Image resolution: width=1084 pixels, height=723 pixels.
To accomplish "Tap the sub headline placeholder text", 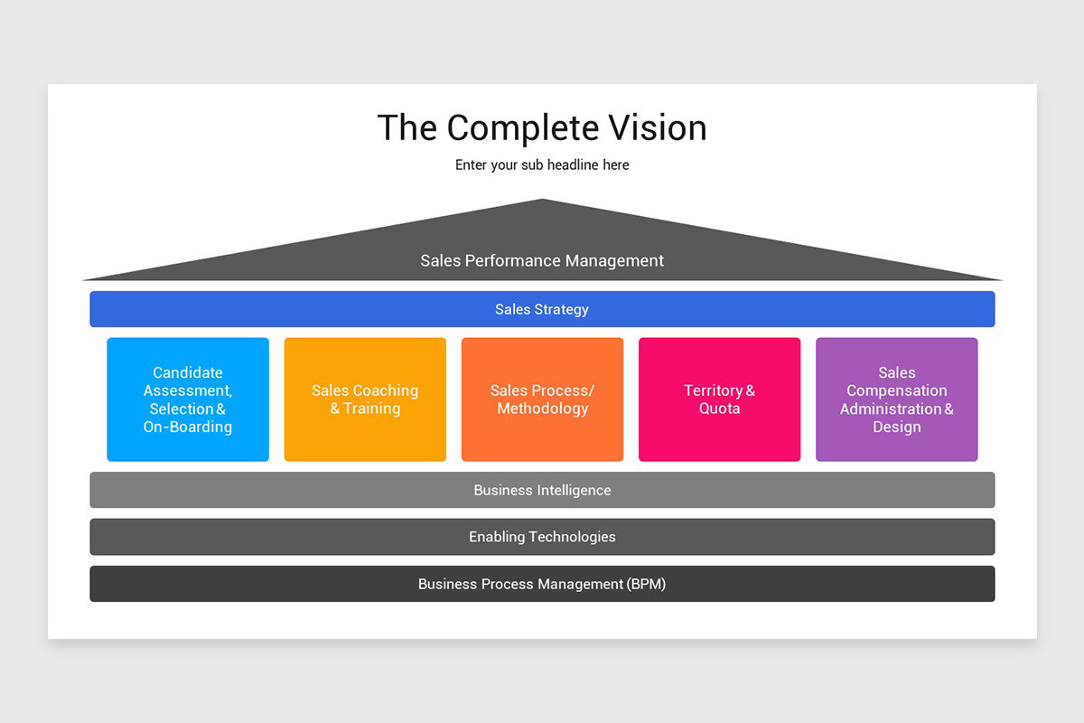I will [x=542, y=165].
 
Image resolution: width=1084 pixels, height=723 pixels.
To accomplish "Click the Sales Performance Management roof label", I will [x=542, y=261].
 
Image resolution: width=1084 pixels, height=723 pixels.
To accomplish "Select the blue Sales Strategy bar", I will [x=542, y=309].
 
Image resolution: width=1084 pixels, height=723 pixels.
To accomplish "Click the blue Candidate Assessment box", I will [x=188, y=399].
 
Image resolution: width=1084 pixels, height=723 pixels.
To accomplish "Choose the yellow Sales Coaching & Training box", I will [x=365, y=399].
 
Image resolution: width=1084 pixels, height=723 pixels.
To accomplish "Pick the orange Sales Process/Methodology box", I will [x=542, y=399].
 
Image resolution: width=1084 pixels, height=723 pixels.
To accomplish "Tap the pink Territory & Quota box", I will [x=719, y=399].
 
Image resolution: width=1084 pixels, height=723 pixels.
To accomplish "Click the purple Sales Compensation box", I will [x=896, y=399].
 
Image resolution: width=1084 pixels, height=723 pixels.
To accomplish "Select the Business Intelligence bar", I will [x=542, y=490].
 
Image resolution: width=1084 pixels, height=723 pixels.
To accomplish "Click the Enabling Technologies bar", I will [x=542, y=537].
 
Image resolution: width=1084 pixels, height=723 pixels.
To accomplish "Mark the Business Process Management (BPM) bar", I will [x=542, y=584].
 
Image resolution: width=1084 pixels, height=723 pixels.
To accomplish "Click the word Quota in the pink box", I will [x=719, y=409].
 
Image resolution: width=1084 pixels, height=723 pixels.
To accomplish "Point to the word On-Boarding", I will [x=188, y=427].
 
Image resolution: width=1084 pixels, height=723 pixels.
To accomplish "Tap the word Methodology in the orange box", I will [x=542, y=409].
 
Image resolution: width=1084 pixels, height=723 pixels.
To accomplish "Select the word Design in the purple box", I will [x=896, y=427].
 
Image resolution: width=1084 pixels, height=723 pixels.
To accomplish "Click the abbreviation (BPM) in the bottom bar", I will [x=646, y=584].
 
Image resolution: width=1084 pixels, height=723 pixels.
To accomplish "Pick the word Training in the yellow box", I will [x=371, y=409].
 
